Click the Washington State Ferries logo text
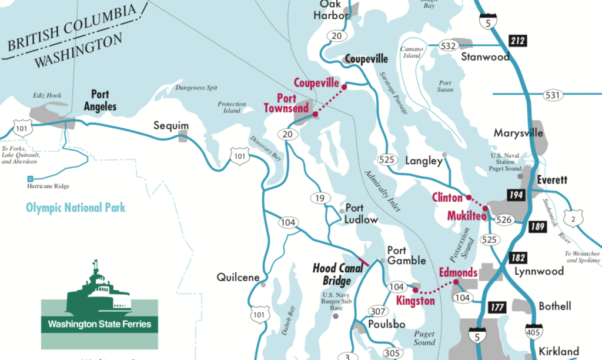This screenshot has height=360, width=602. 99,324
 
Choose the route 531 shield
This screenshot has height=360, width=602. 553,94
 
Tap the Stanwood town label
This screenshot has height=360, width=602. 485,57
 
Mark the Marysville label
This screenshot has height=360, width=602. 518,133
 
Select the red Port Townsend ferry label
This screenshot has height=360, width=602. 279,104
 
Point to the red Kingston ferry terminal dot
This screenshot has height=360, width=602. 415,290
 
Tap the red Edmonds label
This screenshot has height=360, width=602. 458,272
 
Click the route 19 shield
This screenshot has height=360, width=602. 319,198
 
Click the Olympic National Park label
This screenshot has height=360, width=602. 75,208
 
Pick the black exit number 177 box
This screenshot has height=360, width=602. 497,307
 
